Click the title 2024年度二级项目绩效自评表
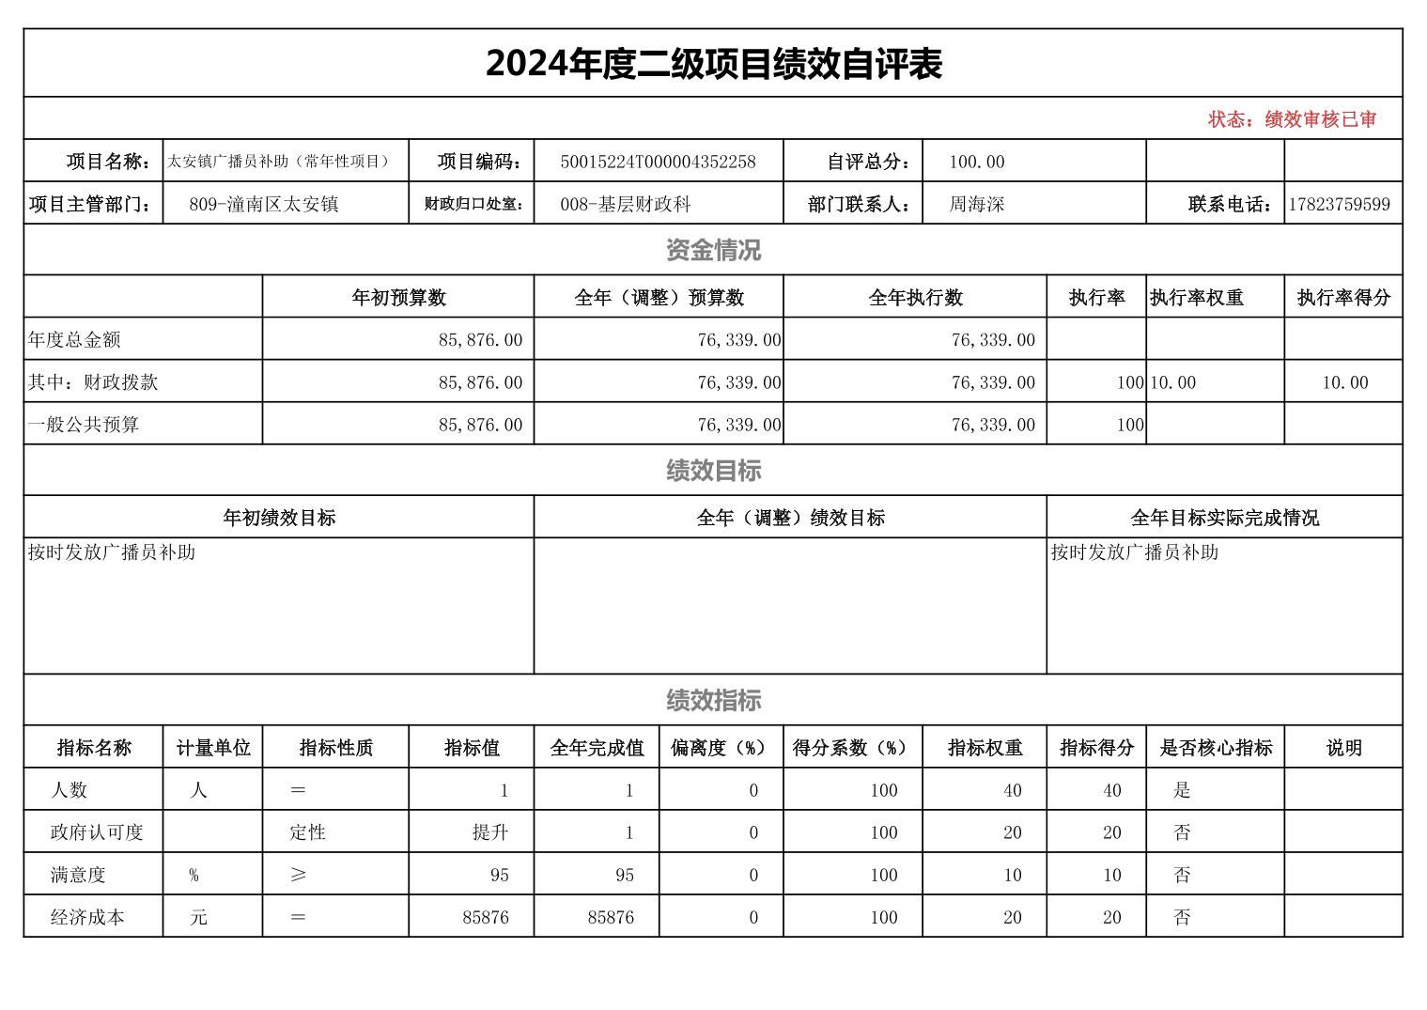tap(713, 64)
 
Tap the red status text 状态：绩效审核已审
tap(1292, 119)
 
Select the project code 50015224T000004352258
tap(658, 162)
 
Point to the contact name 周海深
tap(976, 204)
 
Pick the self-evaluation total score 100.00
tap(976, 162)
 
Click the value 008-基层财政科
tap(625, 204)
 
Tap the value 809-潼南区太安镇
tap(263, 204)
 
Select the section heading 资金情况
tap(713, 250)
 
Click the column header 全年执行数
tap(915, 298)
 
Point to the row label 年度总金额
tap(74, 339)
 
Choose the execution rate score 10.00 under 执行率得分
tap(1344, 382)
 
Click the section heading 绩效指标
tap(713, 700)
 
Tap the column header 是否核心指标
tap(1215, 748)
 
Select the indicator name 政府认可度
tap(97, 832)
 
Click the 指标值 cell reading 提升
tap(489, 832)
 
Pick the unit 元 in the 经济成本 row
tap(198, 917)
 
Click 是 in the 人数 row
tap(1181, 790)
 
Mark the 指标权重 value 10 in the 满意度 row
tap(1012, 875)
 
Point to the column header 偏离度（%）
tap(720, 748)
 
